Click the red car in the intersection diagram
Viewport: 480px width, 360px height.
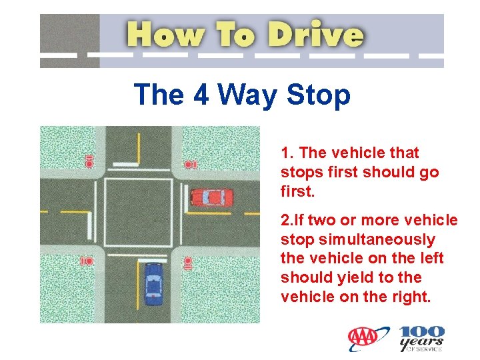(212, 197)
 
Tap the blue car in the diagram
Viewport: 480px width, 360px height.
(153, 285)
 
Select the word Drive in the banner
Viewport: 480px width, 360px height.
(316, 34)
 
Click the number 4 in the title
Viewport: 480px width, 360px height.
(201, 94)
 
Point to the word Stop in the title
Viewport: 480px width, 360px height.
(318, 95)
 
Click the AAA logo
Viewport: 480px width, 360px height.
(363, 337)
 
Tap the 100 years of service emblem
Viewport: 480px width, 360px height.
(422, 338)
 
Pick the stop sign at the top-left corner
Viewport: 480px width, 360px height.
(89, 161)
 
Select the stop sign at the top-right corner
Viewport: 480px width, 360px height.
(190, 165)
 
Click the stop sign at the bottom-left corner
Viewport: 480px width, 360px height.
(86, 261)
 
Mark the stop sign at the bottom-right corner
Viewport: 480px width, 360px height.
(187, 263)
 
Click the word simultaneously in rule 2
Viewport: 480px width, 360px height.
(377, 239)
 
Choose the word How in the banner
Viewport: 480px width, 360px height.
(165, 34)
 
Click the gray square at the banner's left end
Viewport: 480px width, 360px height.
(70, 41)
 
